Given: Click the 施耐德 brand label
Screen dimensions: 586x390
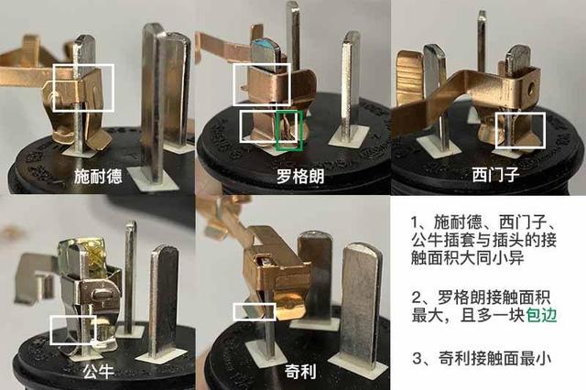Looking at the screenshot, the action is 98,176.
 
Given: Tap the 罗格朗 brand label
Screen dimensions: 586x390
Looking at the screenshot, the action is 300,177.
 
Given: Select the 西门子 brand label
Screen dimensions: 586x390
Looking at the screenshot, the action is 495,175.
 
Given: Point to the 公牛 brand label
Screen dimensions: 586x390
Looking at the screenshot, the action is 98,371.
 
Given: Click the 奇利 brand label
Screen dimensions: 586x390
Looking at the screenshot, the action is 300,372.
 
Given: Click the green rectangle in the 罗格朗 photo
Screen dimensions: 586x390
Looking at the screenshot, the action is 277,131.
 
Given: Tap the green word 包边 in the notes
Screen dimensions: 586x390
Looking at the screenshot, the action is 541,316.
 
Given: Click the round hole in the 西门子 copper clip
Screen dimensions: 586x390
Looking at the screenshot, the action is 529,90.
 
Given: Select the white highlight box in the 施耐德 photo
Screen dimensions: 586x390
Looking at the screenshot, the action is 53,88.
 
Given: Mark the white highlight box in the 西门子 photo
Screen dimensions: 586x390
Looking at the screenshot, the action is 496,130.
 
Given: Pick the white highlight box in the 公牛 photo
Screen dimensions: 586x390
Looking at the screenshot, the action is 51,330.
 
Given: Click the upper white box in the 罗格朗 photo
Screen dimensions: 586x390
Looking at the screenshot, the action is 233,84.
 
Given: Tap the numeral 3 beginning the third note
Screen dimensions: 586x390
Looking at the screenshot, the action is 417,359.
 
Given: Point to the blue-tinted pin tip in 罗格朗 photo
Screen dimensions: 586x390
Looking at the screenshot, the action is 264,46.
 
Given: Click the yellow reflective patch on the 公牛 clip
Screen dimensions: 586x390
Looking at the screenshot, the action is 95,254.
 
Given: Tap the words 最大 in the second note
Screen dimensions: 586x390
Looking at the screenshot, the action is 428,316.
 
